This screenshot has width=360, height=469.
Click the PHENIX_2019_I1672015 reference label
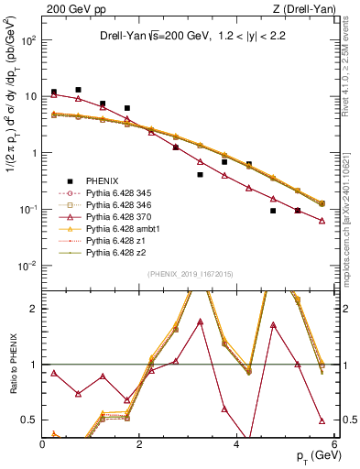(188, 275)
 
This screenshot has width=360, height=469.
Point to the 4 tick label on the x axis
(237, 446)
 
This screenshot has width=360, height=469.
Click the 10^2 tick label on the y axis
(27, 40)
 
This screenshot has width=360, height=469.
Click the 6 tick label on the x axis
(334, 446)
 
